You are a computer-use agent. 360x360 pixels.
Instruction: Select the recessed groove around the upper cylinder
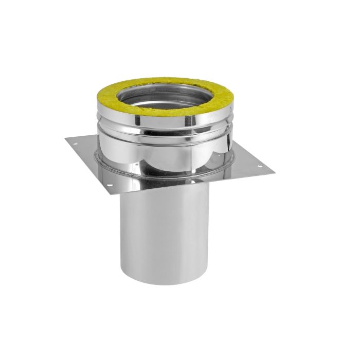[x=164, y=136]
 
